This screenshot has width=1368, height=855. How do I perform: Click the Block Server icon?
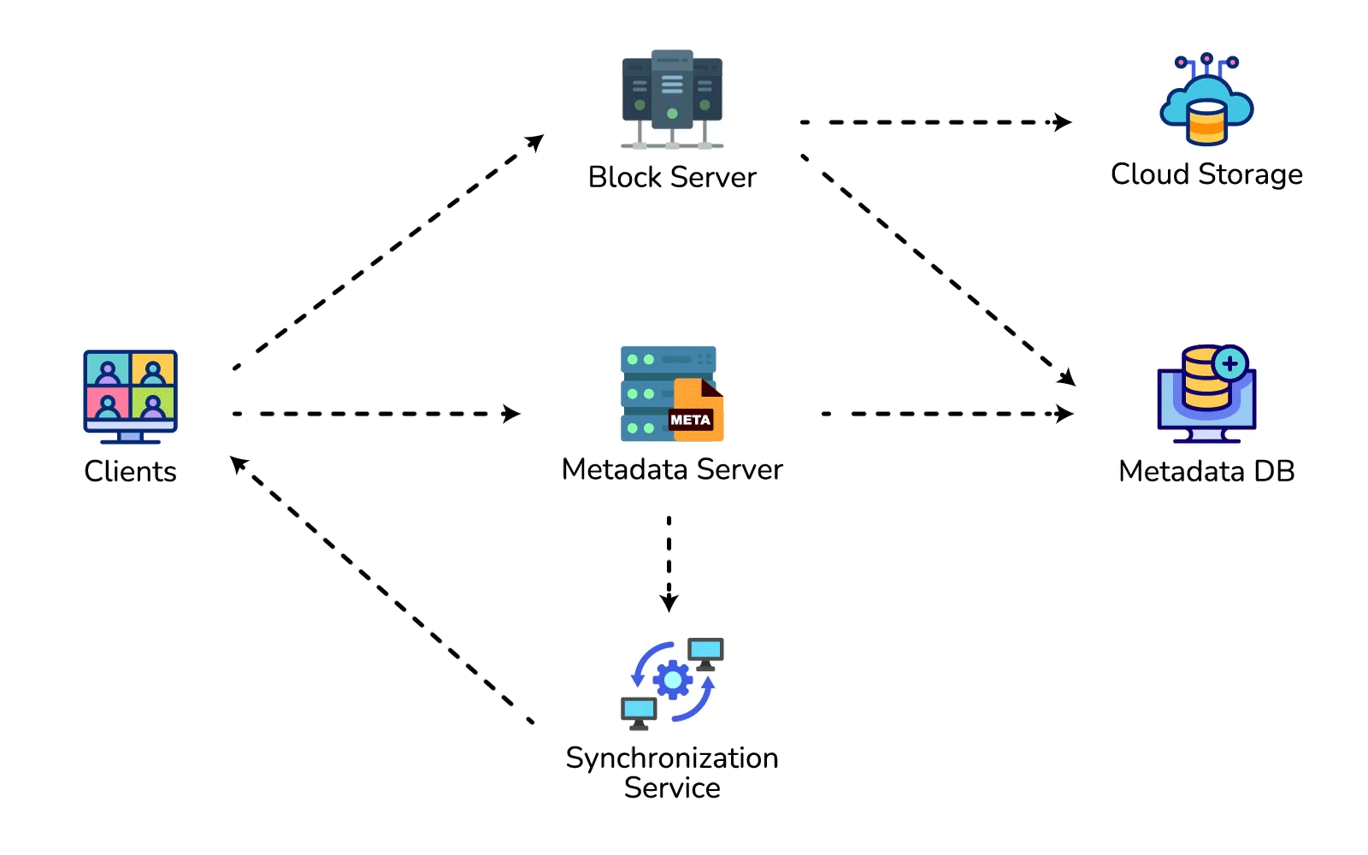pyautogui.click(x=672, y=99)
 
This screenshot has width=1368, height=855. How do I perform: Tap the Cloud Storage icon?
pyautogui.click(x=1206, y=99)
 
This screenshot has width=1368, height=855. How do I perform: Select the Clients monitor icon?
pyautogui.click(x=130, y=397)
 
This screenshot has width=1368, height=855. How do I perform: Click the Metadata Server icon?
pyautogui.click(x=672, y=394)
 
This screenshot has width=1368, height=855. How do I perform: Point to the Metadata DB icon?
pyautogui.click(x=1206, y=394)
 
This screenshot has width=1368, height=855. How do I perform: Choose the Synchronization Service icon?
pyautogui.click(x=672, y=684)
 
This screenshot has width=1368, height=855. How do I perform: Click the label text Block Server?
pyautogui.click(x=672, y=177)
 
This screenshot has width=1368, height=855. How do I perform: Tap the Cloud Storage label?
pyautogui.click(x=1206, y=174)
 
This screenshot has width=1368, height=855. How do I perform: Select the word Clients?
pyautogui.click(x=130, y=471)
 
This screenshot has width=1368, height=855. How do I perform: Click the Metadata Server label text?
pyautogui.click(x=672, y=469)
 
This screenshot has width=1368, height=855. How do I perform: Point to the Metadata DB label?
pyautogui.click(x=1206, y=471)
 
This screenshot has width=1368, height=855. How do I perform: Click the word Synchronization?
pyautogui.click(x=672, y=759)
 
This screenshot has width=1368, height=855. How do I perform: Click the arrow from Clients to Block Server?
pyautogui.click(x=388, y=251)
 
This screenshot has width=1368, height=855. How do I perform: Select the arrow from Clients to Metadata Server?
pyautogui.click(x=376, y=414)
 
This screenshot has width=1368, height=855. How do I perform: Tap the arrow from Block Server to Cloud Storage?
pyautogui.click(x=935, y=122)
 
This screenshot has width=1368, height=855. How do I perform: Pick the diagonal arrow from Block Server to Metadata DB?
pyautogui.click(x=938, y=270)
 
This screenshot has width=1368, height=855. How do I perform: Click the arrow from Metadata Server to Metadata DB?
pyautogui.click(x=948, y=414)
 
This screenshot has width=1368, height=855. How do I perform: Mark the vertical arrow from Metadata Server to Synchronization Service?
pyautogui.click(x=669, y=564)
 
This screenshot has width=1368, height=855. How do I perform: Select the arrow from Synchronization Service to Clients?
pyautogui.click(x=382, y=590)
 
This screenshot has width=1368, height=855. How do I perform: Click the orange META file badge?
pyautogui.click(x=696, y=410)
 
